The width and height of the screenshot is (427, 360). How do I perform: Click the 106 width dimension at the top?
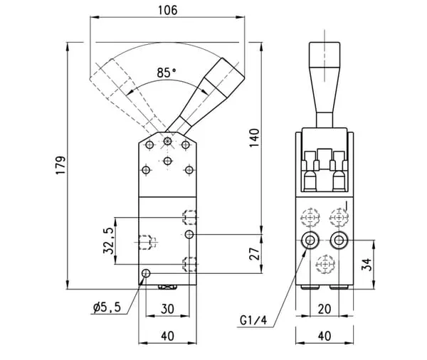(x=167, y=10)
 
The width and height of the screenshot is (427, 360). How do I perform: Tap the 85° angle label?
(x=166, y=73)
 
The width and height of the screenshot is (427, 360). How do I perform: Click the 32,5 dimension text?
(x=107, y=240)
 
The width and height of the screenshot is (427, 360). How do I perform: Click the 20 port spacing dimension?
(x=324, y=309)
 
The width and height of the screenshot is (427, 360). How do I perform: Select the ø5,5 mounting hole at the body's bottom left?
(x=146, y=274)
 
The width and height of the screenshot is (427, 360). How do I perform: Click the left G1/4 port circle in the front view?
(x=310, y=239)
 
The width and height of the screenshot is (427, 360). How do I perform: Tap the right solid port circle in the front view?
(x=338, y=239)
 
